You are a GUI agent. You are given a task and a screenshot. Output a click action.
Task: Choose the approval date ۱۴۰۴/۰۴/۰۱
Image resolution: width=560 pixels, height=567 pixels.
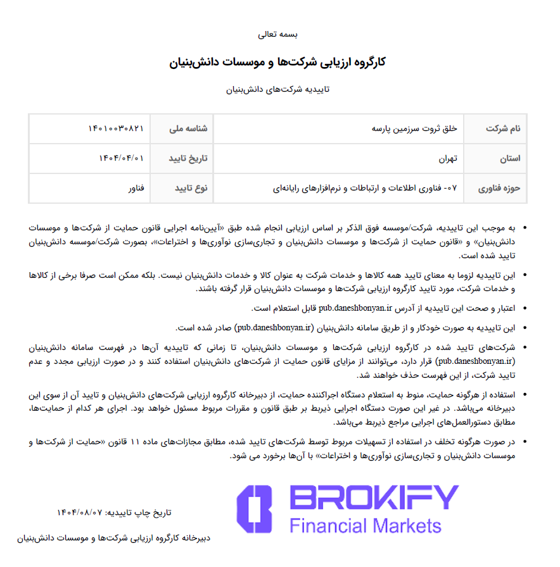(x=121, y=158)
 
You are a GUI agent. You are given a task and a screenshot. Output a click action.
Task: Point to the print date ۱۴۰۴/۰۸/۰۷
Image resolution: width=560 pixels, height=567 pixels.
(x=79, y=512)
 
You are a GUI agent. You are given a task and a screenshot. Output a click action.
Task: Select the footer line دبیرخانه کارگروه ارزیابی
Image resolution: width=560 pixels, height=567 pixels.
(x=114, y=539)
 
